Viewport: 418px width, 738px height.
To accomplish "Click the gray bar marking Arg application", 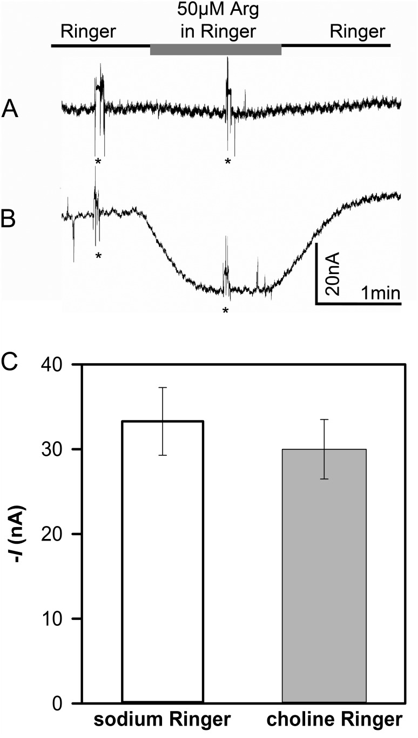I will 215,50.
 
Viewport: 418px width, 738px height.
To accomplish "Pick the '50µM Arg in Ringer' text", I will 216,21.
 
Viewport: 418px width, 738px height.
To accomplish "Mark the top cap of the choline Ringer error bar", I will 324,419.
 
